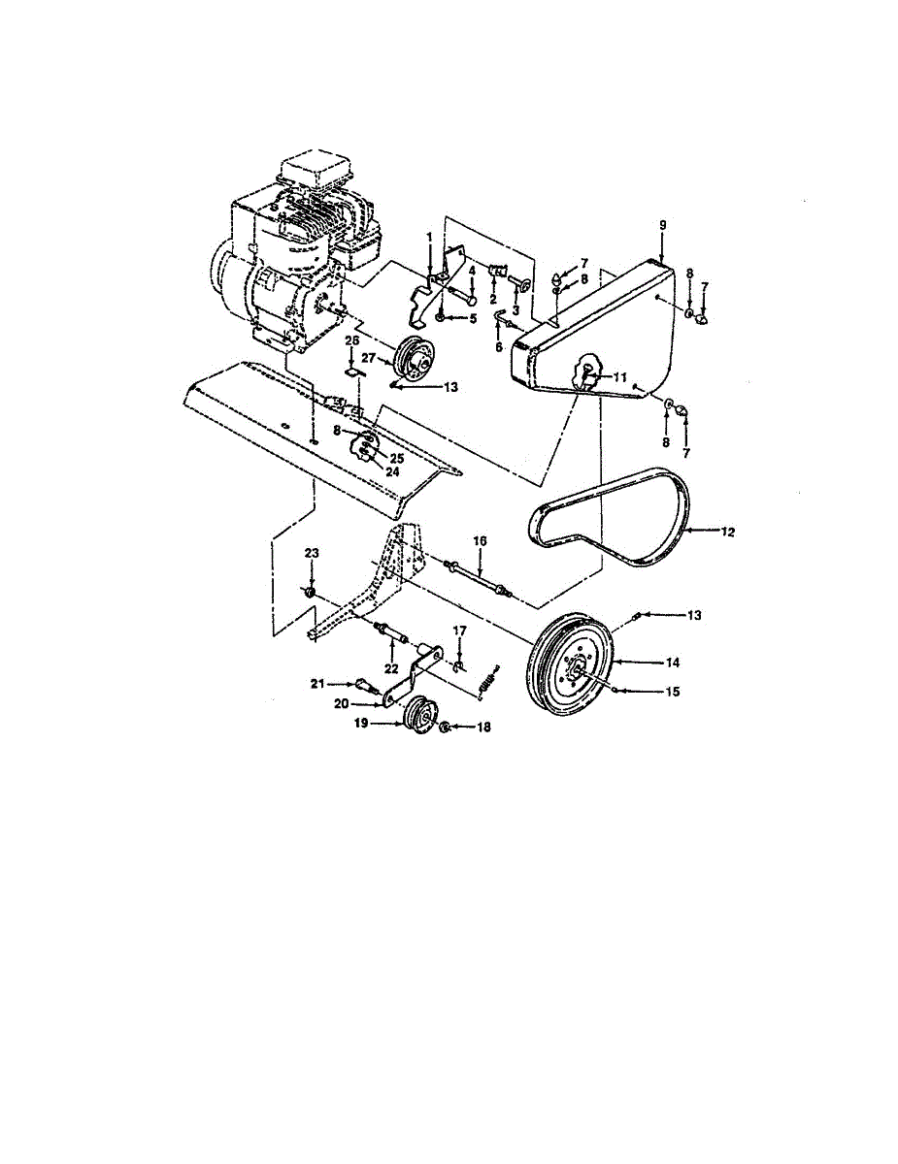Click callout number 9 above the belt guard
663,225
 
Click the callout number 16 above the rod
480,540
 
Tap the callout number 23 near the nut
311,553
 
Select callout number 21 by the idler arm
316,684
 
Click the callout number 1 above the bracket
429,237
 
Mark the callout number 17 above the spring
461,630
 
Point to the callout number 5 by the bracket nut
473,317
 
